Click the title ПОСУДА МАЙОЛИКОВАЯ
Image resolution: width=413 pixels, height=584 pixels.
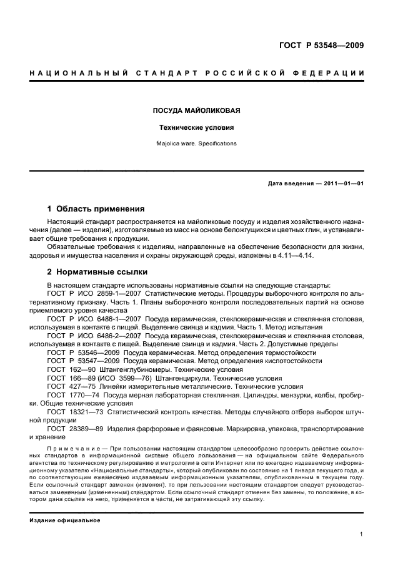pyautogui.click(x=197, y=111)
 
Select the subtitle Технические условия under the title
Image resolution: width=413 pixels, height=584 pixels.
pyautogui.click(x=197, y=128)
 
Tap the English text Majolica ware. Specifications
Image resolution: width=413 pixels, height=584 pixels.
pyautogui.click(x=197, y=144)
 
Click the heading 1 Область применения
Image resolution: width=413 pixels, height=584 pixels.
pyautogui.click(x=96, y=208)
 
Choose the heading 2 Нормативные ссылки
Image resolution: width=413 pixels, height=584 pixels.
pyautogui.click(x=98, y=272)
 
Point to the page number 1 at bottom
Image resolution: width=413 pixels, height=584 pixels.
pyautogui.click(x=362, y=534)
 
